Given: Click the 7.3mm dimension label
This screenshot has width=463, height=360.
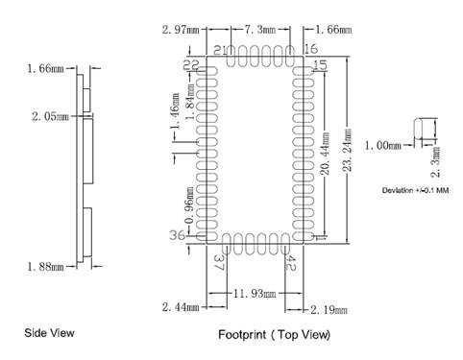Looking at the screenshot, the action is click(260, 30).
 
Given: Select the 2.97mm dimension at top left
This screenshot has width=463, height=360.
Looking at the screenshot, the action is click(181, 30).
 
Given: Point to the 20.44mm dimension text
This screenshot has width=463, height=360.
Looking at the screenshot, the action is click(325, 154).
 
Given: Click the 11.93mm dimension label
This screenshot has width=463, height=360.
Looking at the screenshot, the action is click(255, 293).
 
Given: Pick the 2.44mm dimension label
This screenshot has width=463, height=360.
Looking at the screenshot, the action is click(181, 307).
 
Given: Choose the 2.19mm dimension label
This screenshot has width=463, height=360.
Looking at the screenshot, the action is click(329, 310).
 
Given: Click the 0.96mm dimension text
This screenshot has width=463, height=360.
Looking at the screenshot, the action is click(189, 205).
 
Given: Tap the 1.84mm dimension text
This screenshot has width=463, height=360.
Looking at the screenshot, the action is click(190, 103).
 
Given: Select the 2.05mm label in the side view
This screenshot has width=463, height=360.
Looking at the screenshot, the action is click(50, 116).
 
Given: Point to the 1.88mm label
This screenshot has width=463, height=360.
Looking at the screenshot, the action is click(45, 267).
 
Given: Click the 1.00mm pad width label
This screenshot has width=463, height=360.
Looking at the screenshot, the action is click(383, 146).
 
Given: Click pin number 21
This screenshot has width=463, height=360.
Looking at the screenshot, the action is click(220, 50).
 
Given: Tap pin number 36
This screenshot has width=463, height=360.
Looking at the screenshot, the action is click(177, 236).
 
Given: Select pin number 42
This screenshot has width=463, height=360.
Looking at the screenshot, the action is click(290, 263).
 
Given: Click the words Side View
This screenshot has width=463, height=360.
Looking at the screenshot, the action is click(49, 333).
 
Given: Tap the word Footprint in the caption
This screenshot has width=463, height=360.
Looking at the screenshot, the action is click(242, 335).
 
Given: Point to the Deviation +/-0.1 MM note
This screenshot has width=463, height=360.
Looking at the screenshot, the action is click(415, 190).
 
